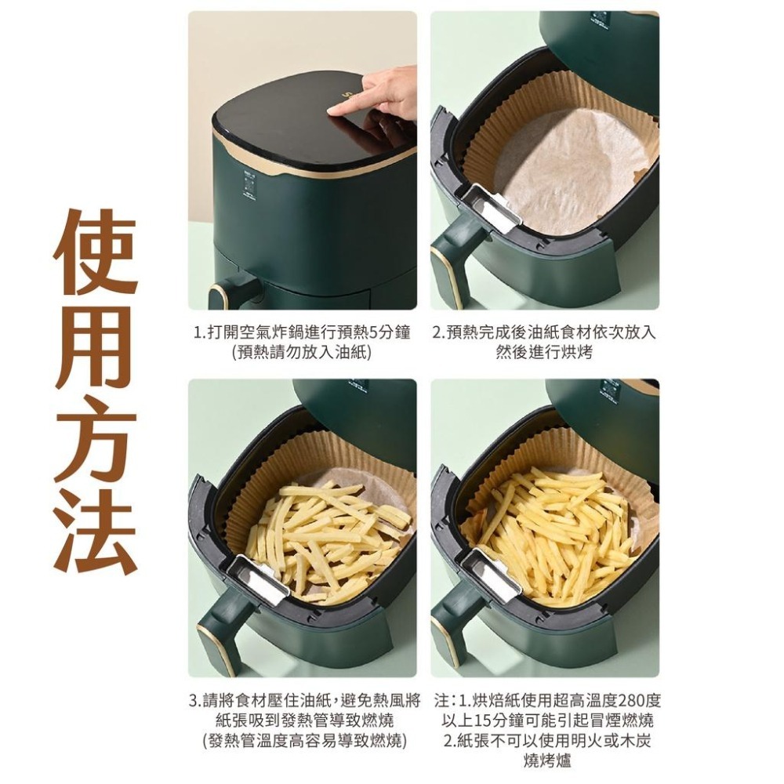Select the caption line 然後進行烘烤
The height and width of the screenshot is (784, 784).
click(544, 353)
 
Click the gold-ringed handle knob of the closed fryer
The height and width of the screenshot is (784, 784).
click(226, 293)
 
